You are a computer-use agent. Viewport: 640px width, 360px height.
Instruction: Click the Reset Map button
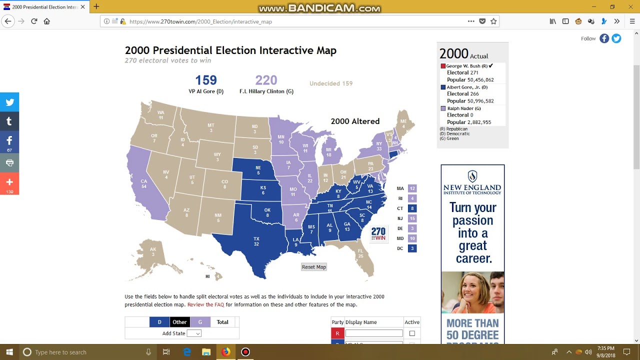point(313,267)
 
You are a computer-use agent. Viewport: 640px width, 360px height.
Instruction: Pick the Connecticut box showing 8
point(412,208)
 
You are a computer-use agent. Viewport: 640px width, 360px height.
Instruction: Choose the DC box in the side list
point(412,248)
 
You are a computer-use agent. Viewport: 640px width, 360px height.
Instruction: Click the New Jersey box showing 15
point(412,218)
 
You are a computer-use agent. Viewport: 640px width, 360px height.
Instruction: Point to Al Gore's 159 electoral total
point(205,80)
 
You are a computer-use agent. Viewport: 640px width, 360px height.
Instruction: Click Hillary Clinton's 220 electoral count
point(266,80)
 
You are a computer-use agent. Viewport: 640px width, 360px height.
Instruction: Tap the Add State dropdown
point(194,333)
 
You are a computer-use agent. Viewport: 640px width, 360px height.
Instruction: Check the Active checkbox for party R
point(412,333)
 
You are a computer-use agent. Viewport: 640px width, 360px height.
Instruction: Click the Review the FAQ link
point(205,304)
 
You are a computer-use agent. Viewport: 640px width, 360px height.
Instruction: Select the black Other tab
point(179,322)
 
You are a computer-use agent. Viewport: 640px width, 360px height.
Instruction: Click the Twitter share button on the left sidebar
point(9,102)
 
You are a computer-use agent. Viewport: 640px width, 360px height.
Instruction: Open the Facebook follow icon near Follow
point(604,38)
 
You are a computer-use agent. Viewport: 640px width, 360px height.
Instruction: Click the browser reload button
point(34,21)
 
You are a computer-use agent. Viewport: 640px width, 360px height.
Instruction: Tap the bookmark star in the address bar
point(493,21)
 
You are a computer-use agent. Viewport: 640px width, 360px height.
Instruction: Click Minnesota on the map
point(281,140)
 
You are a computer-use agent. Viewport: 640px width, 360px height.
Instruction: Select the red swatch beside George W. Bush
point(443,66)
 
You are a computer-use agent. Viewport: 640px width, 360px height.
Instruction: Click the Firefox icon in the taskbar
point(225,352)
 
